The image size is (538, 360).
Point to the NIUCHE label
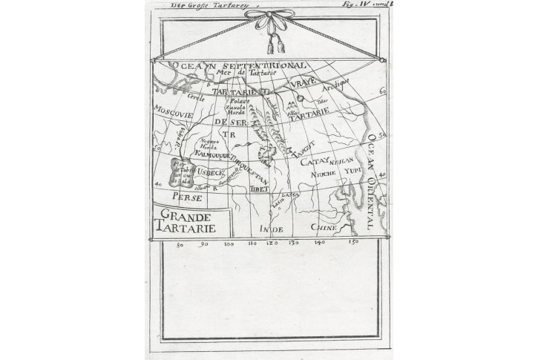[324, 173]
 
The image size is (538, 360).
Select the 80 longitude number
[180, 245]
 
